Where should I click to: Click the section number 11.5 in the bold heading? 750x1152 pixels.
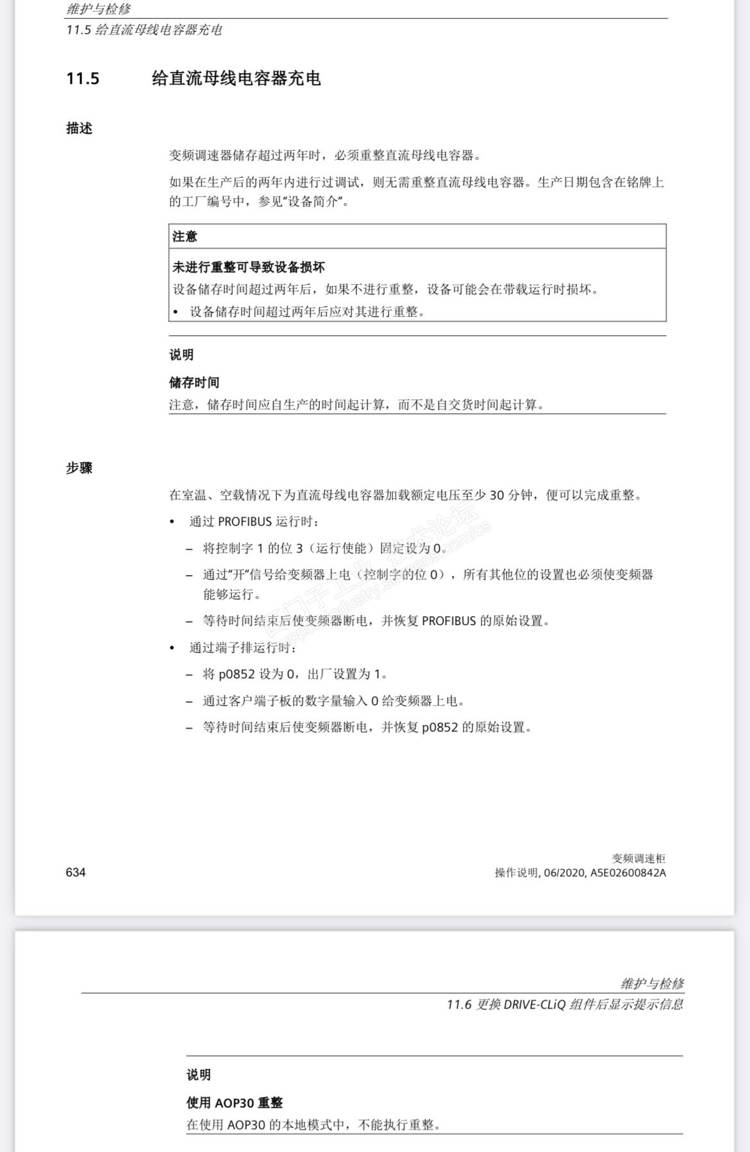pos(83,79)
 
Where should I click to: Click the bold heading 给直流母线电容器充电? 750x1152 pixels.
pos(236,79)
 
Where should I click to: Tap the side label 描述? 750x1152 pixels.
pos(79,128)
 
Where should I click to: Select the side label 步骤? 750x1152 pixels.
pos(79,468)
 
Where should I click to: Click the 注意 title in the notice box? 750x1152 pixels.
pos(185,237)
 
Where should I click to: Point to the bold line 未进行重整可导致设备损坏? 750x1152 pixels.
pos(248,267)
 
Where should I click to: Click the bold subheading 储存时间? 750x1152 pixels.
pos(194,383)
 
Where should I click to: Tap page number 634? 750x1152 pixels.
pos(76,872)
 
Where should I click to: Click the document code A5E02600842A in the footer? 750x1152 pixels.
pos(628,872)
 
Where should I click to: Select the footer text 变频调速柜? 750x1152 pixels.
pos(638,858)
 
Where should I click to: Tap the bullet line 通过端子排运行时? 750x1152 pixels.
pos(242,648)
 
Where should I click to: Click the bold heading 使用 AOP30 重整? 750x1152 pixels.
pos(234,1103)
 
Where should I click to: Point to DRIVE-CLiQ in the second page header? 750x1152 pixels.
pos(535,1005)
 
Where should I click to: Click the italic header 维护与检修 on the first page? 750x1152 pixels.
pos(99,9)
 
